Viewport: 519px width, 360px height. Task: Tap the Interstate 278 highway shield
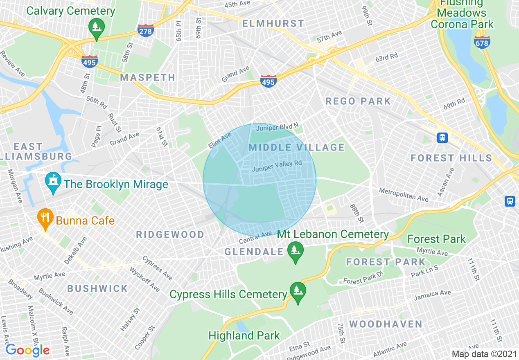(x=145, y=31)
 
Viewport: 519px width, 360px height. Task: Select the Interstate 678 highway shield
(x=482, y=42)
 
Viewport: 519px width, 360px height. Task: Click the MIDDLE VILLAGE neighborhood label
(x=297, y=147)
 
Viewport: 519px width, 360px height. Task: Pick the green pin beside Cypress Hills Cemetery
(x=298, y=292)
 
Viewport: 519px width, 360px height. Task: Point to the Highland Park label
(x=244, y=336)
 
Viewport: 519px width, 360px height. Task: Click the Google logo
(x=27, y=350)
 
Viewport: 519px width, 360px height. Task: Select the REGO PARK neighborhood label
(x=358, y=101)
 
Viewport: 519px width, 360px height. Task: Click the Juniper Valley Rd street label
(x=277, y=166)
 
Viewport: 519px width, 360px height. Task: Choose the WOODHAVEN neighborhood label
(x=386, y=324)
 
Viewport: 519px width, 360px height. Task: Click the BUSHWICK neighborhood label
(x=97, y=288)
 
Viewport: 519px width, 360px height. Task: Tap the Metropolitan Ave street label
(x=403, y=195)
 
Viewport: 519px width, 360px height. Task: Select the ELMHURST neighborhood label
(x=273, y=23)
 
